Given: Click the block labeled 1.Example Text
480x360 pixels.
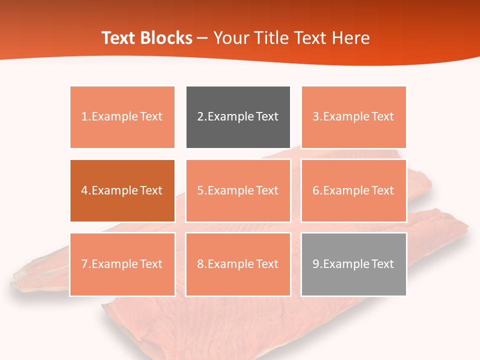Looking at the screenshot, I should tap(122, 117).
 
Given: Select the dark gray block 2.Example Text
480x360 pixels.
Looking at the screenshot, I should tap(238, 117).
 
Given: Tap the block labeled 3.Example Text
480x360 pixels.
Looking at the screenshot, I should tap(353, 117).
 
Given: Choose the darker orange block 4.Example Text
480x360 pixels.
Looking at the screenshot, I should tap(122, 190).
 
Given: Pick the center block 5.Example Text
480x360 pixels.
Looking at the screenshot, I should tap(238, 190).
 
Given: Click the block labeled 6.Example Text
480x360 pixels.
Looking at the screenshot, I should tap(353, 190).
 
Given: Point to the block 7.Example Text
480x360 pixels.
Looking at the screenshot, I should tap(122, 264).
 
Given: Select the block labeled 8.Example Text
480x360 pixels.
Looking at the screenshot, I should tap(238, 264).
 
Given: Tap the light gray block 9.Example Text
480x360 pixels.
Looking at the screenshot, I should tap(353, 264).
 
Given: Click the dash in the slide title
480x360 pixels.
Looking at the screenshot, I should tap(203, 38).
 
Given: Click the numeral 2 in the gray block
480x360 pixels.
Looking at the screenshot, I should tap(200, 117).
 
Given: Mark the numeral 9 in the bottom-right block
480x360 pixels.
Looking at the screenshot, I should tap(315, 264).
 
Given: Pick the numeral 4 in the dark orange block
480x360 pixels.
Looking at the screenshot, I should tap(84, 190).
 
